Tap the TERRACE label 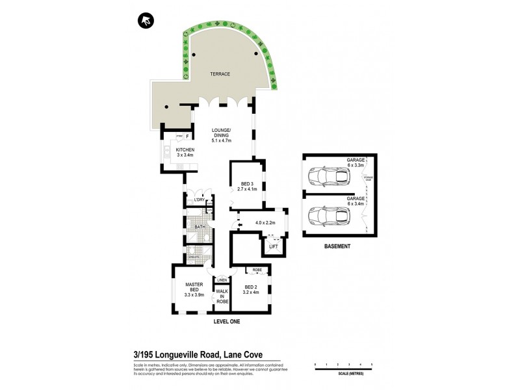[219, 74]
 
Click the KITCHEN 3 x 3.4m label [175, 152]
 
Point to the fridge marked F [187, 136]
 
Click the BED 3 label [246, 185]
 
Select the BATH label [200, 227]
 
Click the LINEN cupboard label [222, 279]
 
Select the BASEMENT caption [337, 247]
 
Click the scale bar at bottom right [343, 370]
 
